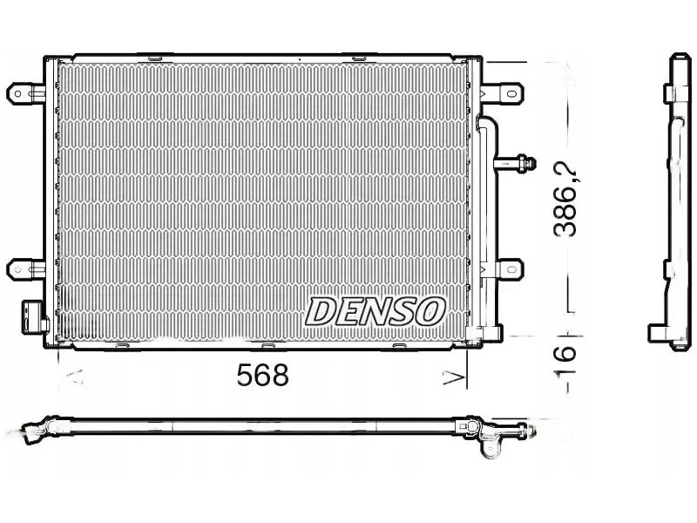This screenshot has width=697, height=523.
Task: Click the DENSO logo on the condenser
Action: pyautogui.click(x=376, y=311)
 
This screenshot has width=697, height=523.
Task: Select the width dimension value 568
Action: pyautogui.click(x=263, y=375)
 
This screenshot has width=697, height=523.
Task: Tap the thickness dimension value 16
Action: pyautogui.click(x=565, y=354)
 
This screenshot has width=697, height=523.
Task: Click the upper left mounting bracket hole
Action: pyautogui.click(x=17, y=94)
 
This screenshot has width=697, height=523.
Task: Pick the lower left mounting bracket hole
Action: pyautogui.click(x=17, y=269)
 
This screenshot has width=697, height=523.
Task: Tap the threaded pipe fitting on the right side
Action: pyautogui.click(x=517, y=163)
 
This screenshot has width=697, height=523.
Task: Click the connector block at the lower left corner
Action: pyautogui.click(x=34, y=316)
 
